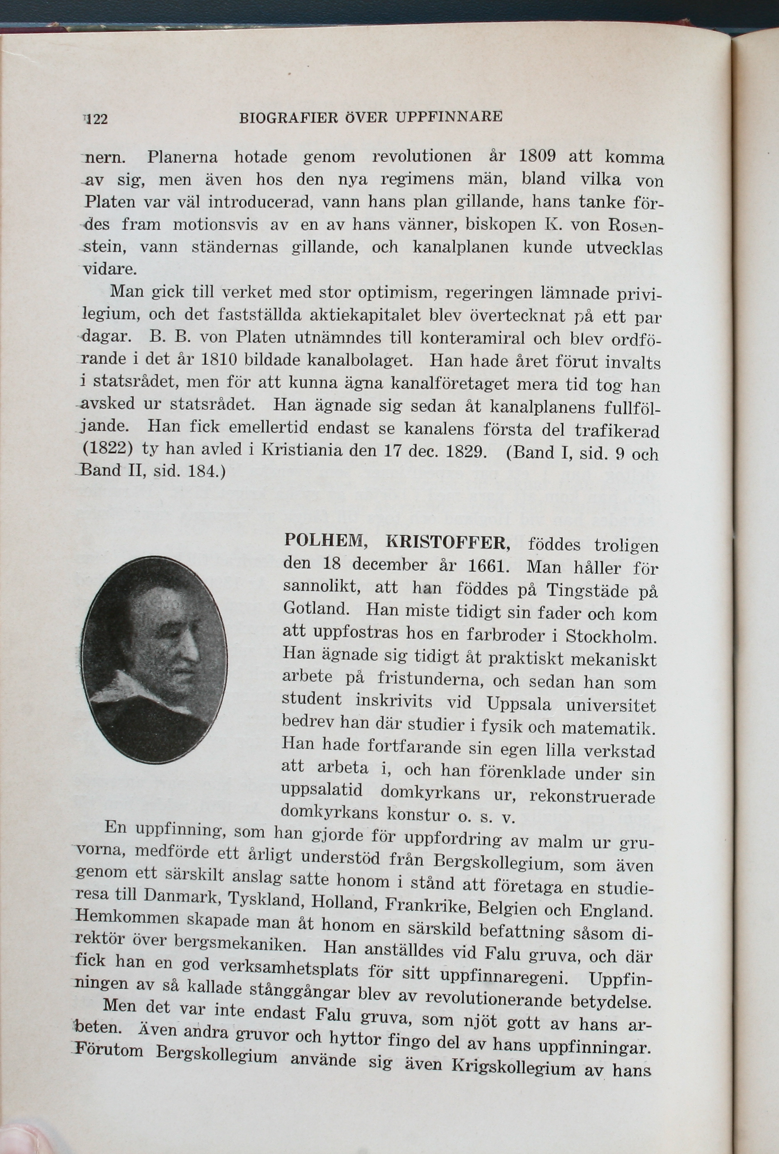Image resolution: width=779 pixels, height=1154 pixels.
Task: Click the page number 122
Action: (97, 120)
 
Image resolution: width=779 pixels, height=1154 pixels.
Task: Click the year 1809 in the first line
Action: (537, 156)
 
